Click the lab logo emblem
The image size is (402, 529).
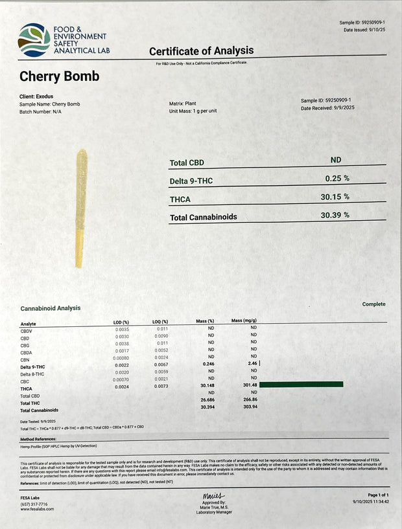pyautogui.click(x=34, y=39)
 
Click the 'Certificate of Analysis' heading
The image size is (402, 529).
pyautogui.click(x=201, y=51)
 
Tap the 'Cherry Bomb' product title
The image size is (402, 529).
pyautogui.click(x=60, y=76)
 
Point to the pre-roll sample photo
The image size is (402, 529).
pyautogui.click(x=81, y=208)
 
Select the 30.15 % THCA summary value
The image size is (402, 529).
pyautogui.click(x=337, y=197)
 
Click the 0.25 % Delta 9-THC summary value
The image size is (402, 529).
pyautogui.click(x=337, y=177)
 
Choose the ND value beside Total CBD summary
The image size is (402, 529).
pyautogui.click(x=336, y=160)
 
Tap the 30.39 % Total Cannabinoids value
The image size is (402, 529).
pyautogui.click(x=335, y=215)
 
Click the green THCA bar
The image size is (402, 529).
pyautogui.click(x=301, y=385)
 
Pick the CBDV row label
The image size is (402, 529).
pyautogui.click(x=29, y=330)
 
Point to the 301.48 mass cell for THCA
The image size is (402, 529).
pyautogui.click(x=250, y=385)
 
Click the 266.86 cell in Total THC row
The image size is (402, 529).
pyautogui.click(x=250, y=400)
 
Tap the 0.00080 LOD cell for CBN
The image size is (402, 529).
pyautogui.click(x=121, y=358)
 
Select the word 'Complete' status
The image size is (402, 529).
pyautogui.click(x=373, y=304)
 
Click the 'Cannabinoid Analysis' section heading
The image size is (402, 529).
pyautogui.click(x=51, y=308)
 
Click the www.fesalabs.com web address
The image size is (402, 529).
pyautogui.click(x=37, y=509)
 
